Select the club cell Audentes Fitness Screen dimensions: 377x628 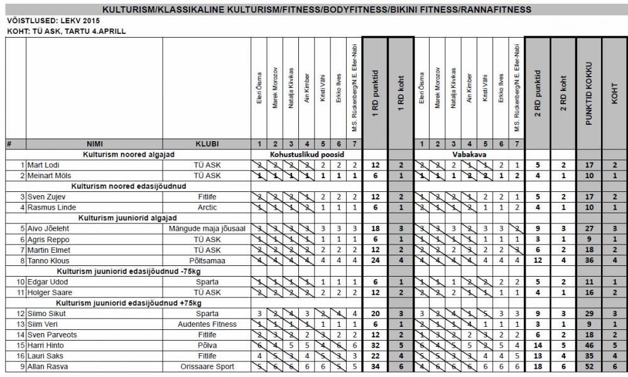pos(207,324)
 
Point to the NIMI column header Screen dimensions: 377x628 pos(94,144)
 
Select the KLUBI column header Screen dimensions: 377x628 pos(207,144)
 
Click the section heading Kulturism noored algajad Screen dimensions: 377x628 pos(129,154)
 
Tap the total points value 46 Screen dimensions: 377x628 pos(588,344)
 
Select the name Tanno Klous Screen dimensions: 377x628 pos(48,259)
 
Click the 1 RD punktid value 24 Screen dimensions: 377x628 pos(374,259)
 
